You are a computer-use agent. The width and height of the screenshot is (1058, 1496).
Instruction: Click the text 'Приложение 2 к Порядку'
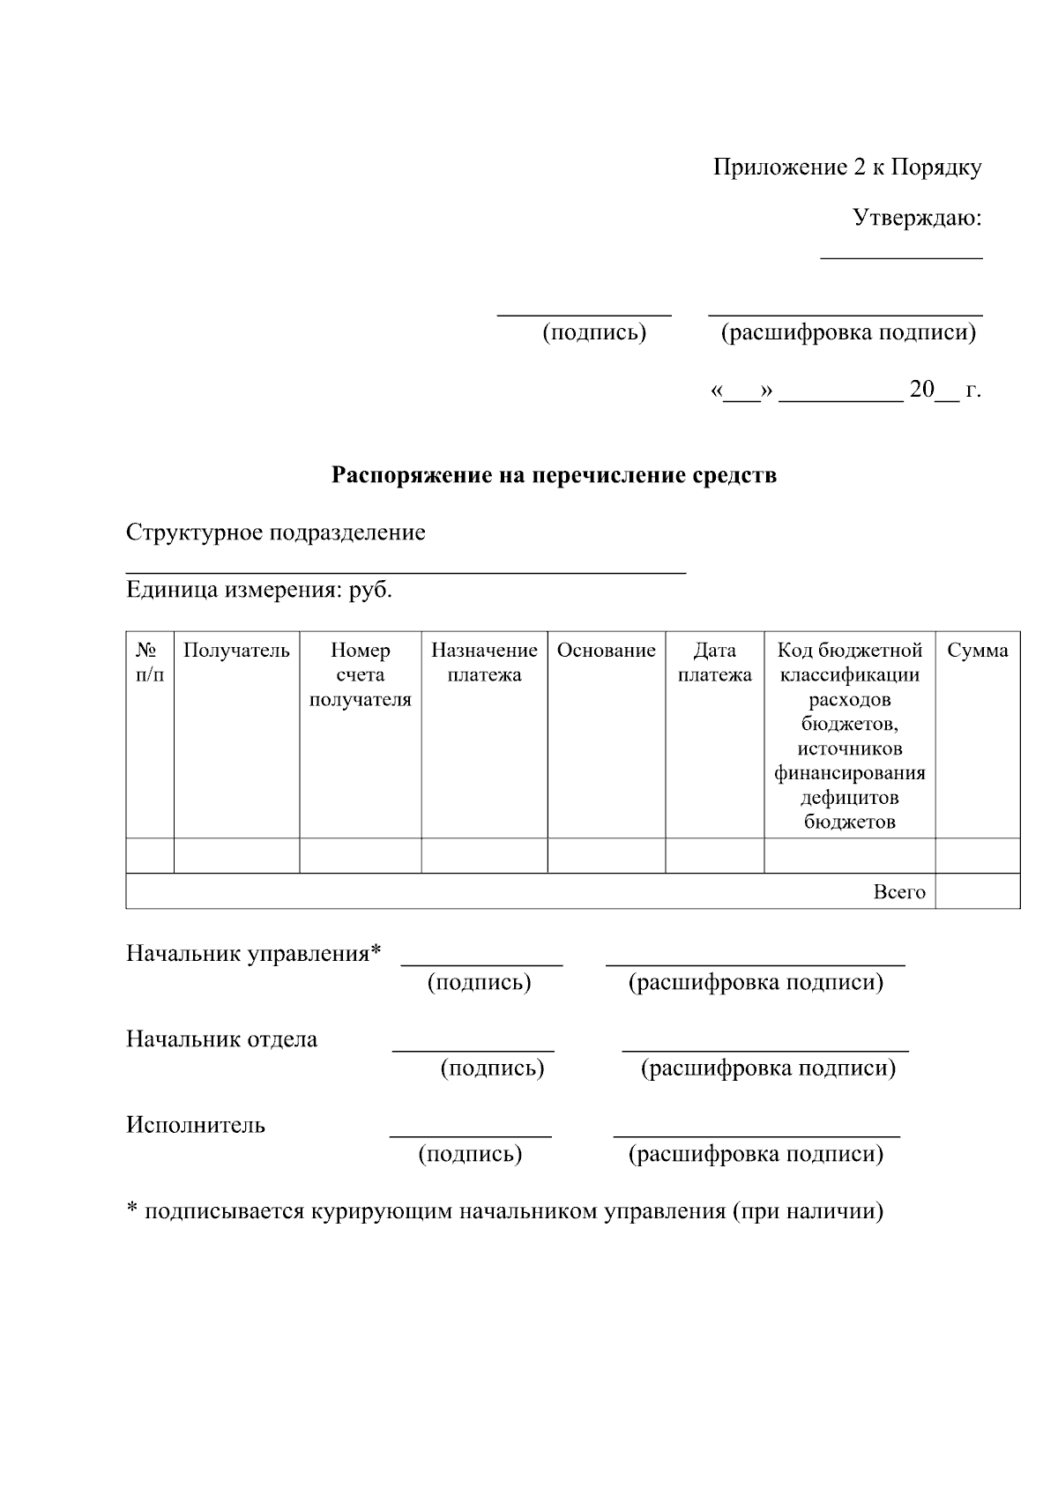pyautogui.click(x=846, y=167)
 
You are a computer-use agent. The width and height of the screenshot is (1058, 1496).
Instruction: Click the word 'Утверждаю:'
pyautogui.click(x=917, y=218)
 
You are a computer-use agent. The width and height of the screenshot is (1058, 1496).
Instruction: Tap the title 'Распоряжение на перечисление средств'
pyautogui.click(x=554, y=475)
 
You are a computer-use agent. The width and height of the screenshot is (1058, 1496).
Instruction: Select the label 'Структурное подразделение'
pyautogui.click(x=275, y=532)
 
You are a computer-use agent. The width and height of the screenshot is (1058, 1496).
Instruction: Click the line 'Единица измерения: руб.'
pyautogui.click(x=259, y=590)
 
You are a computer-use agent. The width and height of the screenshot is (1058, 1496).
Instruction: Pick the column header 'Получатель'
pyautogui.click(x=236, y=651)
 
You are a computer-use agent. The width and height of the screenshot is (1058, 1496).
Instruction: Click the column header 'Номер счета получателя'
pyautogui.click(x=360, y=675)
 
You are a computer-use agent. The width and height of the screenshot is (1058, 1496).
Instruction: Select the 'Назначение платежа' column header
pyautogui.click(x=484, y=663)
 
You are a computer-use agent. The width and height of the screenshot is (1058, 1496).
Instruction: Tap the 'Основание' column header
pyautogui.click(x=606, y=651)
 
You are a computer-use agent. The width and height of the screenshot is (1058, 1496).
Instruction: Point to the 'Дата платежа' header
pyautogui.click(x=714, y=663)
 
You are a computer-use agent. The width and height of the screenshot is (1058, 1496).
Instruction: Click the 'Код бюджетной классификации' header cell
pyautogui.click(x=849, y=736)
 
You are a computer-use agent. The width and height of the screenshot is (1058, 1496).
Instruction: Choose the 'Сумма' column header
pyautogui.click(x=977, y=651)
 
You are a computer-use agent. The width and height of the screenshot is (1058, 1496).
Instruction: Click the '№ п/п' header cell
pyautogui.click(x=149, y=663)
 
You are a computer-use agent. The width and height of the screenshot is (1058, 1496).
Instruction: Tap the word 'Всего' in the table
pyautogui.click(x=899, y=891)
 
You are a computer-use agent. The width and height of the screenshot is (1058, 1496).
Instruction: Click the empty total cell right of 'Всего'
pyautogui.click(x=977, y=891)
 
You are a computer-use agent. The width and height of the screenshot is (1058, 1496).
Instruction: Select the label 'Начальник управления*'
pyautogui.click(x=254, y=954)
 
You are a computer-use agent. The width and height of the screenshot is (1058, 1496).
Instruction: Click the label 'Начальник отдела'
pyautogui.click(x=221, y=1039)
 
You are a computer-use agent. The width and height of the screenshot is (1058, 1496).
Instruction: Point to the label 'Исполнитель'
pyautogui.click(x=195, y=1125)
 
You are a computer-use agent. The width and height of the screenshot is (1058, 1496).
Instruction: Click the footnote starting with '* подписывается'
pyautogui.click(x=504, y=1210)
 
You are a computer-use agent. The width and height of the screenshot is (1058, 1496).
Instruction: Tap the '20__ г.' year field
pyautogui.click(x=944, y=390)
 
